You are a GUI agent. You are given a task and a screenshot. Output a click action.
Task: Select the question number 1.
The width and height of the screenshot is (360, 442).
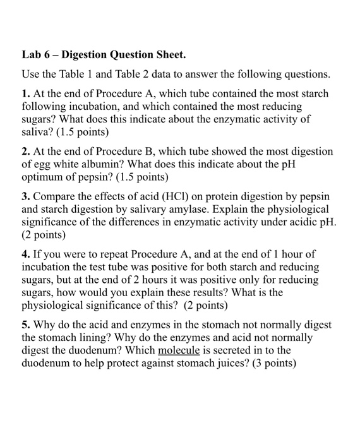(x=26, y=93)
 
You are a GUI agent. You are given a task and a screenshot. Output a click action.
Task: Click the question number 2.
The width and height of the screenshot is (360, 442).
(x=26, y=152)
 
